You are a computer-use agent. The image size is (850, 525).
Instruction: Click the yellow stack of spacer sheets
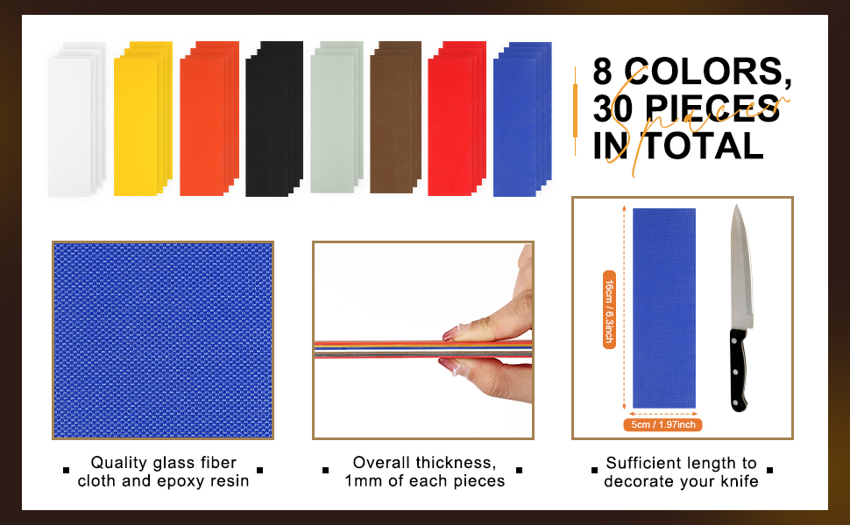coord(143,118)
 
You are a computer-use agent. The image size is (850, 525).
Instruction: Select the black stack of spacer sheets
coord(274,118)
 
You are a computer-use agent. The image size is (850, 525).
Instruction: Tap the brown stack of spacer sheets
coord(396,117)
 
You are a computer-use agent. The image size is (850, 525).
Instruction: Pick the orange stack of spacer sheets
coord(209,118)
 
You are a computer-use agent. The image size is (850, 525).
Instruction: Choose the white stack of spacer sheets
coord(77,119)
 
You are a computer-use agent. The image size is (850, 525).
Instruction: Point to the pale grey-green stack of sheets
coord(336,117)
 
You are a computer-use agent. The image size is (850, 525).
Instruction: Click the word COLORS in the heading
coord(707,72)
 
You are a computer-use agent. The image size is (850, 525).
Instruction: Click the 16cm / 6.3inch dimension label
coord(609,310)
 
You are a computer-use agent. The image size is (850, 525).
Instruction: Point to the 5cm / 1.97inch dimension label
coord(662,425)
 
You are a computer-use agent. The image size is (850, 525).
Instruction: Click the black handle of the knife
coord(739,369)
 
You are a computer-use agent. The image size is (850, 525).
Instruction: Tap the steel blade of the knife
coord(740,268)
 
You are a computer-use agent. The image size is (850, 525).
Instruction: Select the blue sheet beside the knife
coord(664,308)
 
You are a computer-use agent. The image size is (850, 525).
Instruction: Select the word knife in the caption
coord(740,481)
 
